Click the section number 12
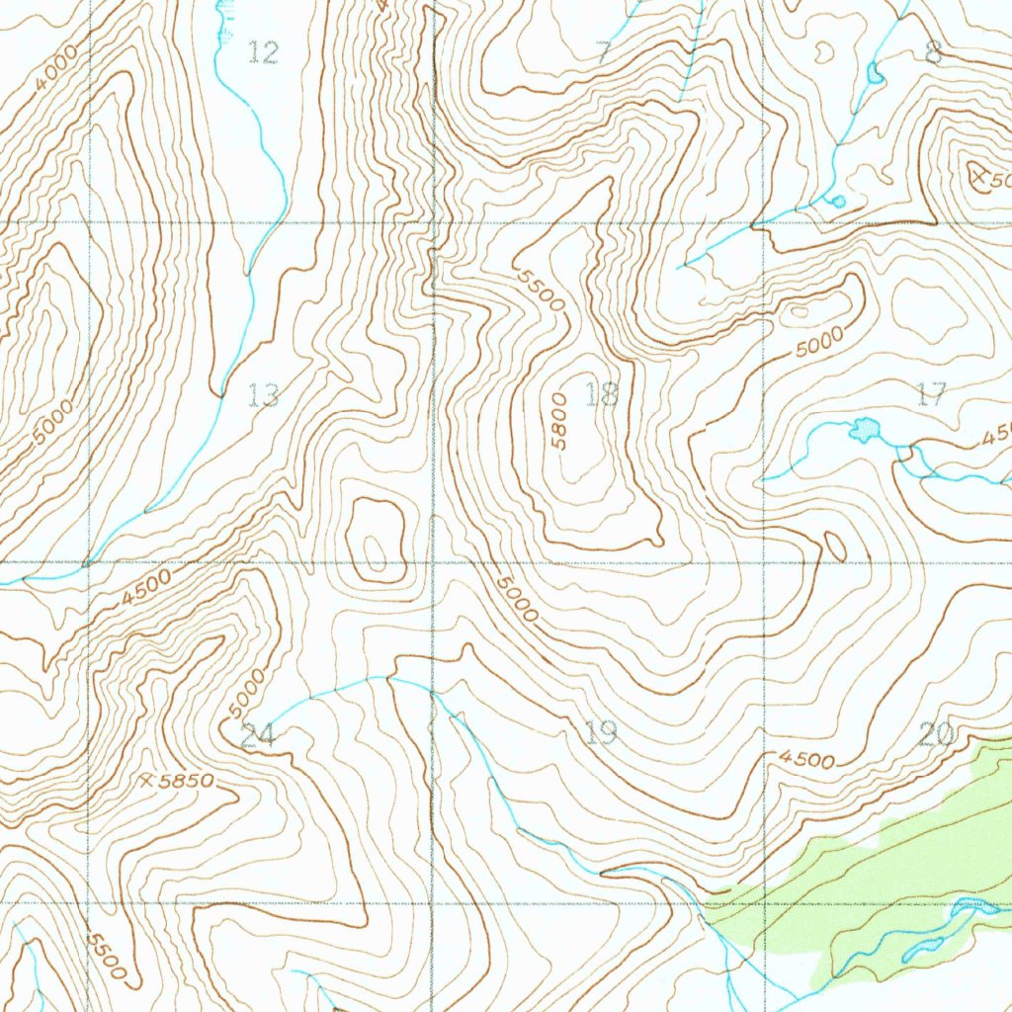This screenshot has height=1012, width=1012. click(263, 52)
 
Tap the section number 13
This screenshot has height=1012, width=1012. click(263, 396)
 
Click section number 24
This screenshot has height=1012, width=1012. click(258, 734)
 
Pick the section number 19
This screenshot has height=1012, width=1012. click(600, 732)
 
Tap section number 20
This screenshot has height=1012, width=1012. click(935, 734)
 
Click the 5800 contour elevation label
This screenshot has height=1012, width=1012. click(559, 421)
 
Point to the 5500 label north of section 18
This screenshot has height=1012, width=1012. click(541, 290)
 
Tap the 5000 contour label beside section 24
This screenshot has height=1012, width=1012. click(246, 695)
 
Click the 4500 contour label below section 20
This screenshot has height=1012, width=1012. click(805, 760)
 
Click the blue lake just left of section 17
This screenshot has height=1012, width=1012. click(866, 430)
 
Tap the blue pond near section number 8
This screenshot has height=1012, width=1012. click(874, 73)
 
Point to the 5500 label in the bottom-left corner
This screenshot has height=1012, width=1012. click(106, 956)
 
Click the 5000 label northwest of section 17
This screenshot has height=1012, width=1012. click(819, 343)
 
